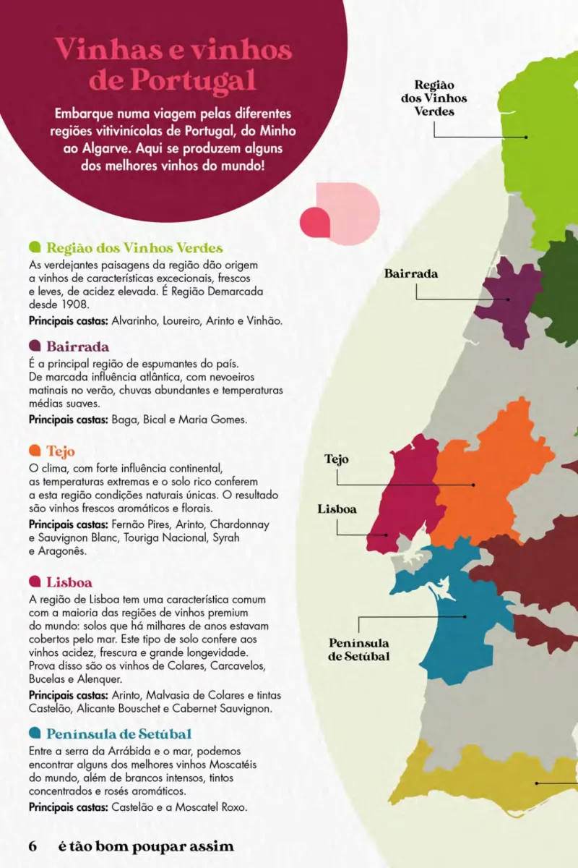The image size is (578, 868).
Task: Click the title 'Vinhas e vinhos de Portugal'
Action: click(173, 65)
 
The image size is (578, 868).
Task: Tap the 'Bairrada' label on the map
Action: click(410, 274)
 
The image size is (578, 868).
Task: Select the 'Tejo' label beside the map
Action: click(337, 459)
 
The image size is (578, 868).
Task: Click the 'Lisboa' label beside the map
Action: click(337, 509)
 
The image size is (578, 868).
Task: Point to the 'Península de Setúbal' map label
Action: click(359, 650)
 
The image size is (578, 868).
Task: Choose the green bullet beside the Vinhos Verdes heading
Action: click(35, 248)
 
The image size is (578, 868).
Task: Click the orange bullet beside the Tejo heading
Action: click(35, 451)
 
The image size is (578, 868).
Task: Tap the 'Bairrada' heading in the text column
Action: click(77, 346)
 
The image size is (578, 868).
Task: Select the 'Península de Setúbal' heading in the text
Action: click(118, 733)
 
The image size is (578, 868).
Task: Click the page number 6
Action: click(33, 846)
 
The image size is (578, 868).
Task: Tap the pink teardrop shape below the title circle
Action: click(316, 221)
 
